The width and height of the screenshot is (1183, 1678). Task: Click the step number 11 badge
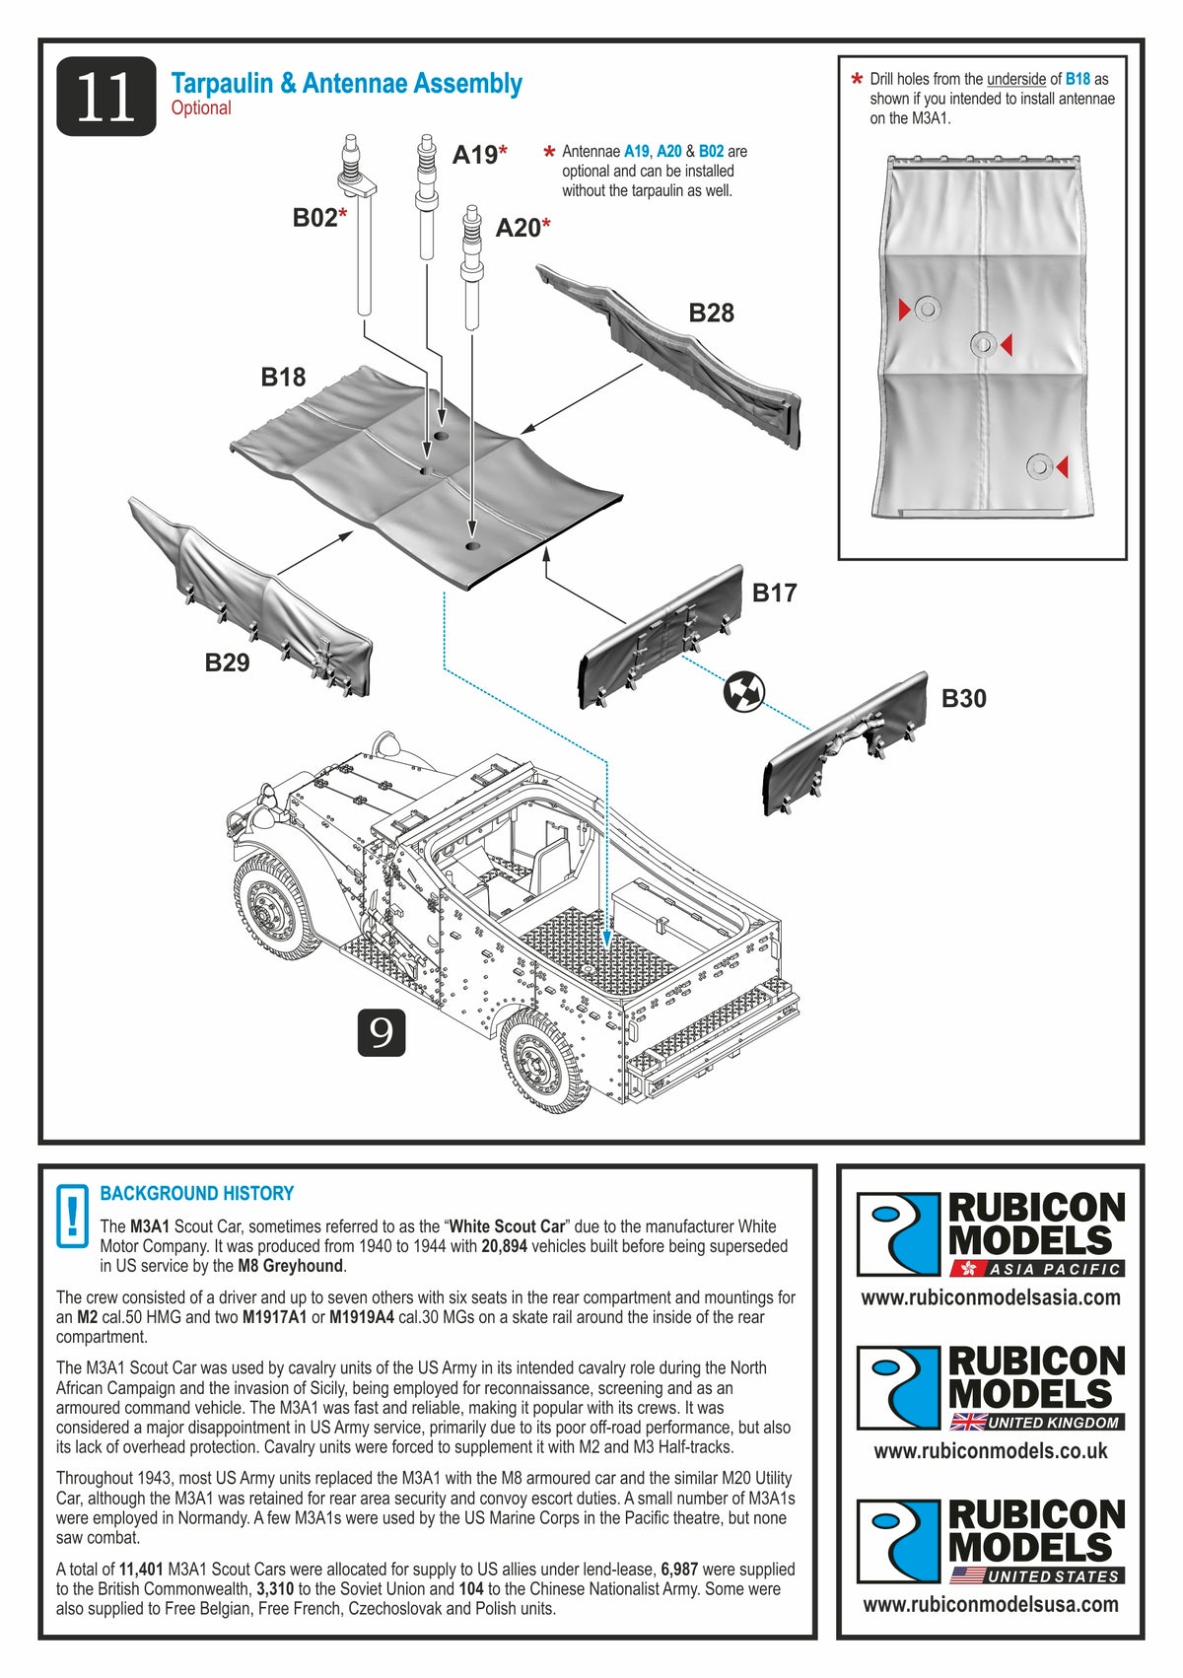105,97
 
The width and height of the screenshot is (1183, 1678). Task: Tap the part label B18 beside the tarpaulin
283,377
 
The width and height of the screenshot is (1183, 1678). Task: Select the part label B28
711,314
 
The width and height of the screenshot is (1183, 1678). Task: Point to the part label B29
227,663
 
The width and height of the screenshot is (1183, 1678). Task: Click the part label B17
774,593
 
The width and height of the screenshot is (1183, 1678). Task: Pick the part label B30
963,699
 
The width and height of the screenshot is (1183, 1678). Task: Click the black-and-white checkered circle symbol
743,691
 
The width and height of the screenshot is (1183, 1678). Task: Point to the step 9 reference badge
381,1032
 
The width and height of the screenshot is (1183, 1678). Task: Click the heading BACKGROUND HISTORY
197,1193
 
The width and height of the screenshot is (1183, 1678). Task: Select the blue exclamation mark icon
72,1215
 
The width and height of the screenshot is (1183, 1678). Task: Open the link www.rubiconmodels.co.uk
990,1451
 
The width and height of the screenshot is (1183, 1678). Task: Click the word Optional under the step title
201,108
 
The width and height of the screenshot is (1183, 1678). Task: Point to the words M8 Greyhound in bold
291,1266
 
